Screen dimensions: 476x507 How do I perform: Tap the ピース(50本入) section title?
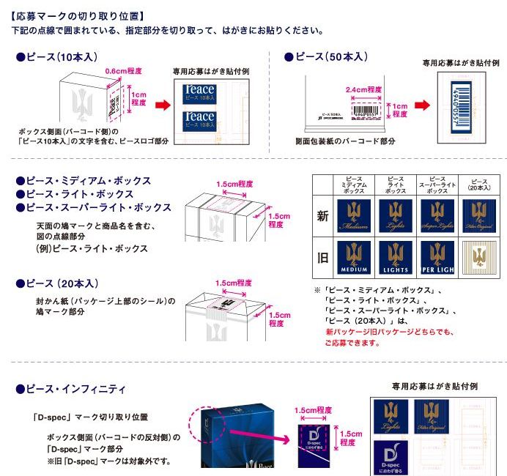(x=327, y=57)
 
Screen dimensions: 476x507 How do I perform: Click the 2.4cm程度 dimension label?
(x=363, y=90)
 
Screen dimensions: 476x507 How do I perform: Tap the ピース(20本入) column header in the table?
(x=480, y=185)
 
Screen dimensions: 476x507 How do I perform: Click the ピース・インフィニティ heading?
(x=71, y=388)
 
